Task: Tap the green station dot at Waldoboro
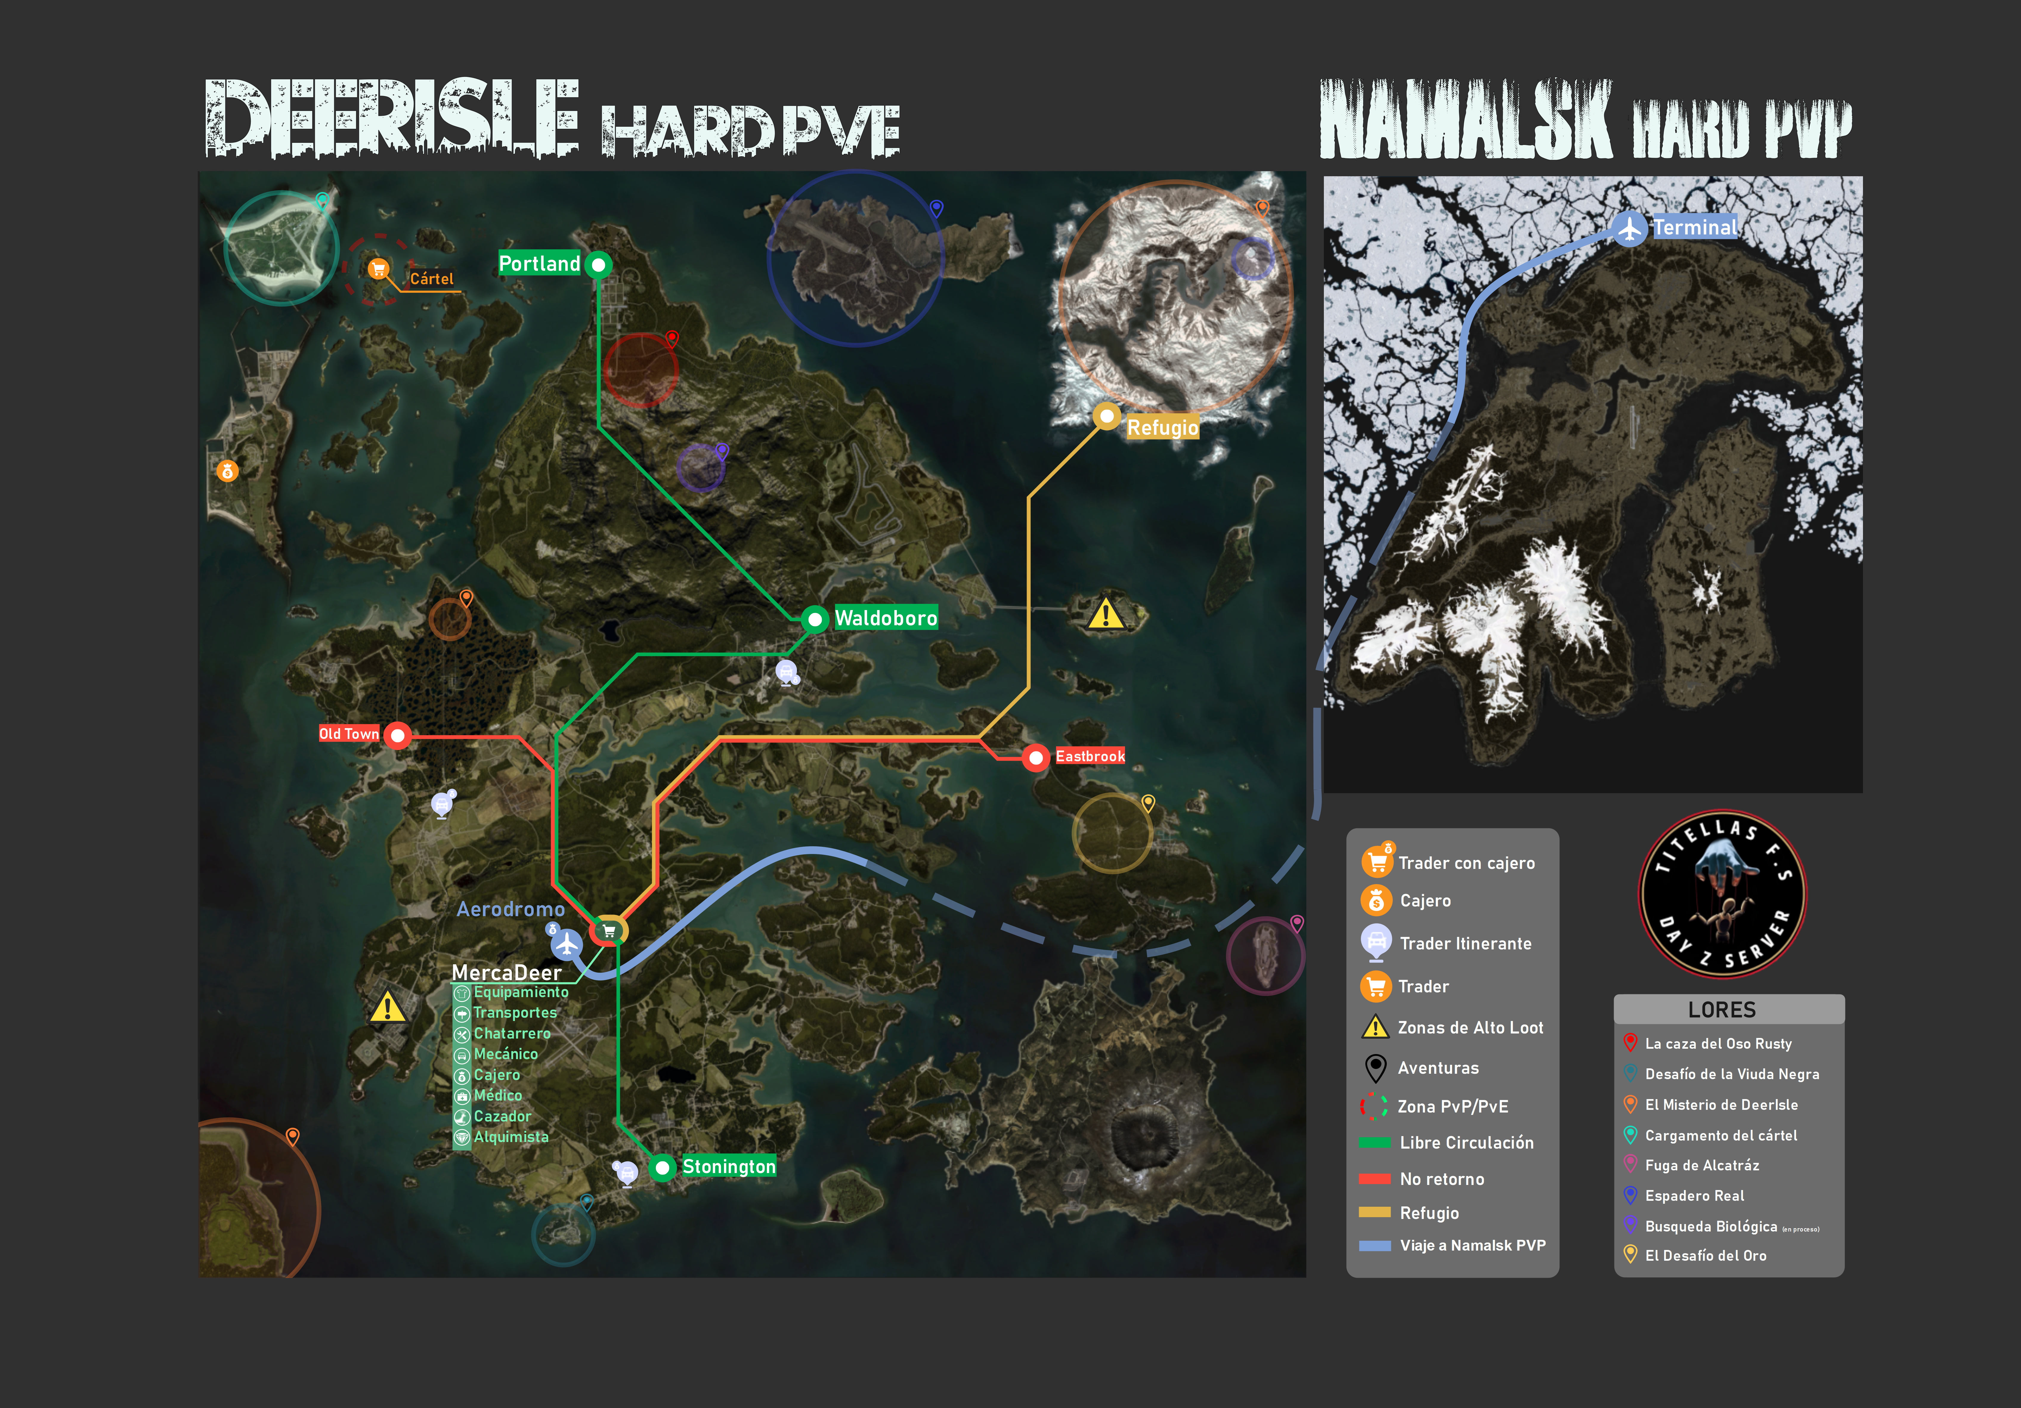pyautogui.click(x=815, y=620)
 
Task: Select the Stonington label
pyautogui.click(x=729, y=1167)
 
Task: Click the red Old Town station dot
pyautogui.click(x=398, y=735)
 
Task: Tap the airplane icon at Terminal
pyautogui.click(x=1630, y=229)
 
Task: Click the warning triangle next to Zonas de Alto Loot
pyautogui.click(x=1375, y=1027)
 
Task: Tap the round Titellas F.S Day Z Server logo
pyautogui.click(x=1723, y=893)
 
